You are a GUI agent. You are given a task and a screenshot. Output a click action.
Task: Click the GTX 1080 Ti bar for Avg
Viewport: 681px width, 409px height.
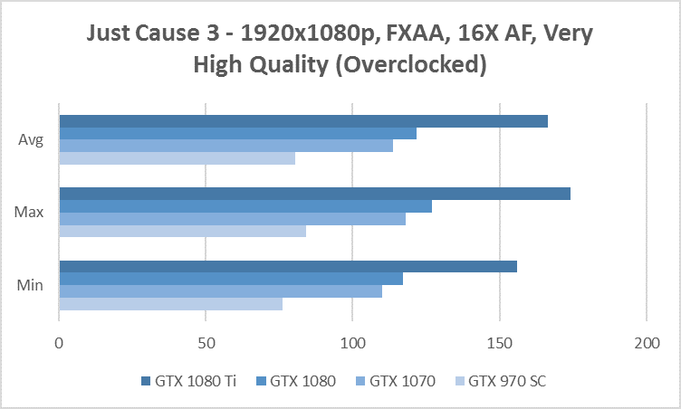(303, 121)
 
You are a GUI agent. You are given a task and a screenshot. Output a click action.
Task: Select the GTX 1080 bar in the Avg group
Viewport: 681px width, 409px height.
(237, 134)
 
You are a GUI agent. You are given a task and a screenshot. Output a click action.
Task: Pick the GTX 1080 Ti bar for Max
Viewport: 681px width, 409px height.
(314, 194)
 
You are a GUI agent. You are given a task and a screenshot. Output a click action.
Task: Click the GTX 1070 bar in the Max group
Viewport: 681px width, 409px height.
(232, 218)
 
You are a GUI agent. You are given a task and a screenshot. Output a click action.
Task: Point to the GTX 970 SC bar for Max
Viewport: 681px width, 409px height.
(182, 231)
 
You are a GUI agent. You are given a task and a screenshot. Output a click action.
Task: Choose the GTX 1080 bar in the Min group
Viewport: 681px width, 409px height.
(231, 279)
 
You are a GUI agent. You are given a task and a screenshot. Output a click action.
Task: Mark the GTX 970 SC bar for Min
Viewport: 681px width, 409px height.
(170, 303)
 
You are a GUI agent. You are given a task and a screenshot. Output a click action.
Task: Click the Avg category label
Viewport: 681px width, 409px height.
(32, 140)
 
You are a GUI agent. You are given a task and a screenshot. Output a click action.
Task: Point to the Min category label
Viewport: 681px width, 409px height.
(32, 285)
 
